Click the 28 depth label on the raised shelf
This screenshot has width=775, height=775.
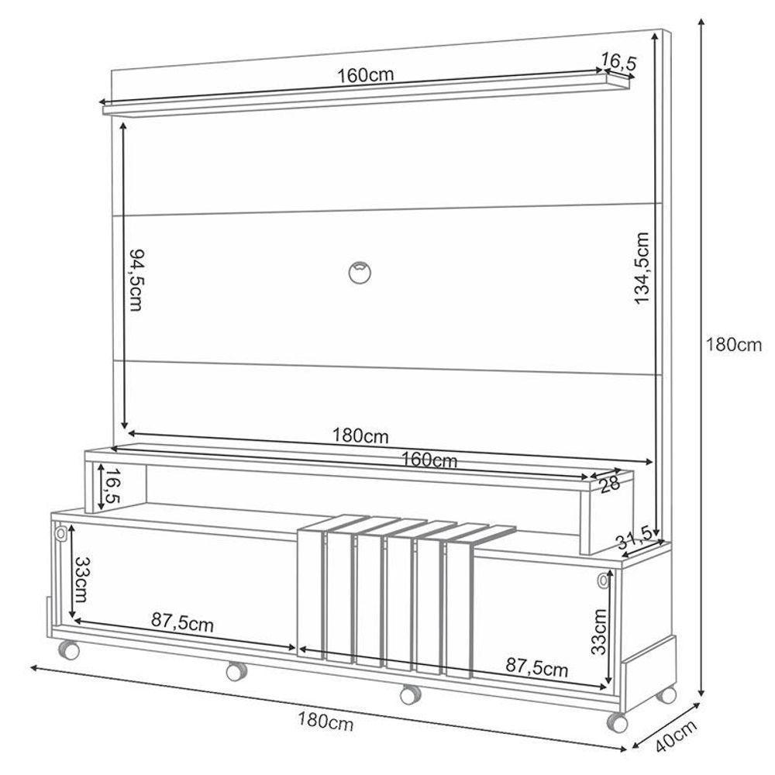click(x=609, y=486)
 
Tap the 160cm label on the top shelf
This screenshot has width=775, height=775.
click(x=366, y=75)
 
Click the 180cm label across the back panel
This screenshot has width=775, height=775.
click(x=360, y=436)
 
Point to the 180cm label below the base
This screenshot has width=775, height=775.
click(x=325, y=723)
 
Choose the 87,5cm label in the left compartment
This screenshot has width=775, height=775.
click(x=182, y=621)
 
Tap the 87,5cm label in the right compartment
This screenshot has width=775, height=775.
click(x=536, y=666)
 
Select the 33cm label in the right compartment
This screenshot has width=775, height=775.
click(x=599, y=632)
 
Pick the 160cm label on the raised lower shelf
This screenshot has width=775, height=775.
click(x=429, y=460)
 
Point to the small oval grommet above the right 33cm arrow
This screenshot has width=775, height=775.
click(x=603, y=580)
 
